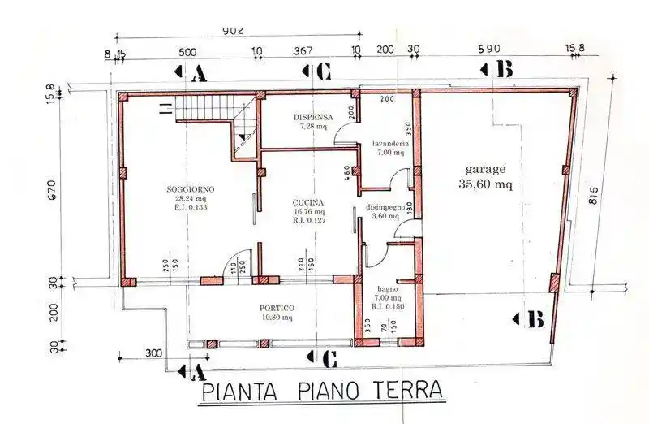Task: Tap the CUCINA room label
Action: (309, 202)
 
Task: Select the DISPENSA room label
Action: (312, 117)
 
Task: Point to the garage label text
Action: (486, 170)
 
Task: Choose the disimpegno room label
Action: (385, 207)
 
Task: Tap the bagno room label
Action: (387, 288)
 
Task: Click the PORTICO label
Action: (277, 309)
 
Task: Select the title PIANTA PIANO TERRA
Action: (322, 392)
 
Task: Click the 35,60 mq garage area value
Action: (486, 184)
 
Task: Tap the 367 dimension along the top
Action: (303, 50)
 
